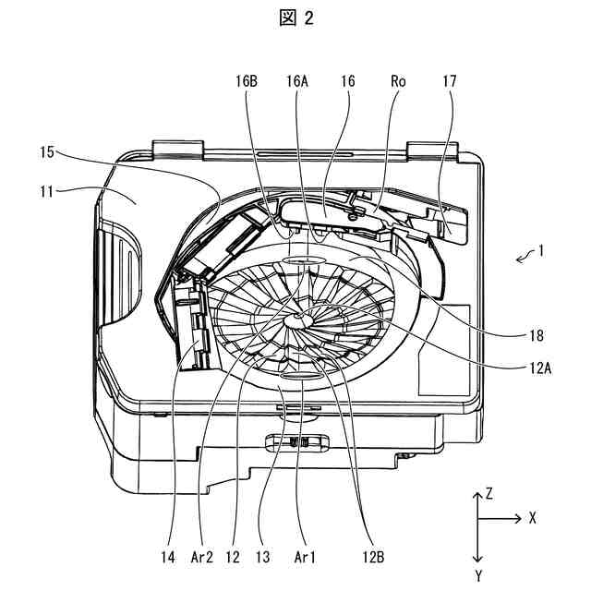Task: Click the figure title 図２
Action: [x=295, y=18]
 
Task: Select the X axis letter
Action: [x=533, y=519]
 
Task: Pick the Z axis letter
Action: [x=489, y=494]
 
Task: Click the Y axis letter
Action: [x=477, y=575]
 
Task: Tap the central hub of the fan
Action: [x=298, y=319]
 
